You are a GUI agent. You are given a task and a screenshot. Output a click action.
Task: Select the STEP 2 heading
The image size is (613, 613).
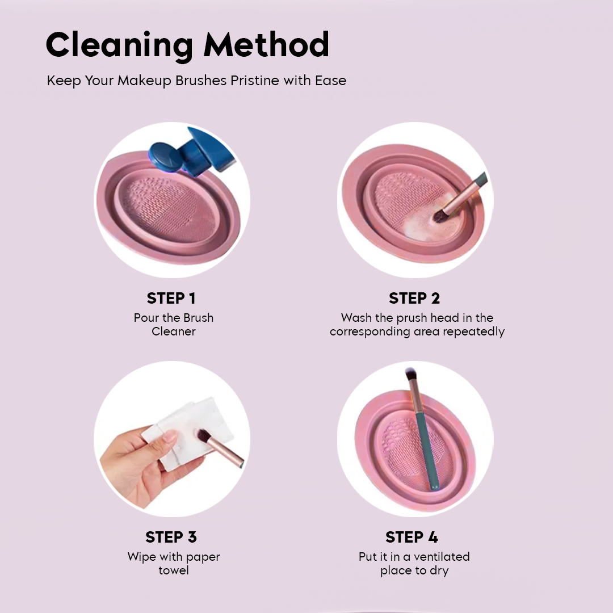(x=414, y=299)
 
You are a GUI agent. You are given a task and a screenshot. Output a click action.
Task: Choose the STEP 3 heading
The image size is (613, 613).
(x=171, y=537)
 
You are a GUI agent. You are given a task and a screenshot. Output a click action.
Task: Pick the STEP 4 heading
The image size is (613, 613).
(x=412, y=537)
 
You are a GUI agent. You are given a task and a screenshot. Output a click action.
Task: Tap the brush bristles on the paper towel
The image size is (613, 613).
(x=203, y=436)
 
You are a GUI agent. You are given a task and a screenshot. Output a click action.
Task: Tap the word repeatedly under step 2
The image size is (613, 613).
(x=472, y=331)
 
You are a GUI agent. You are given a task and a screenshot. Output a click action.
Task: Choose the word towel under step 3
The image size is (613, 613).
(x=174, y=570)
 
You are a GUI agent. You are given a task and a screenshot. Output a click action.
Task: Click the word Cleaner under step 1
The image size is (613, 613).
(x=174, y=331)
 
